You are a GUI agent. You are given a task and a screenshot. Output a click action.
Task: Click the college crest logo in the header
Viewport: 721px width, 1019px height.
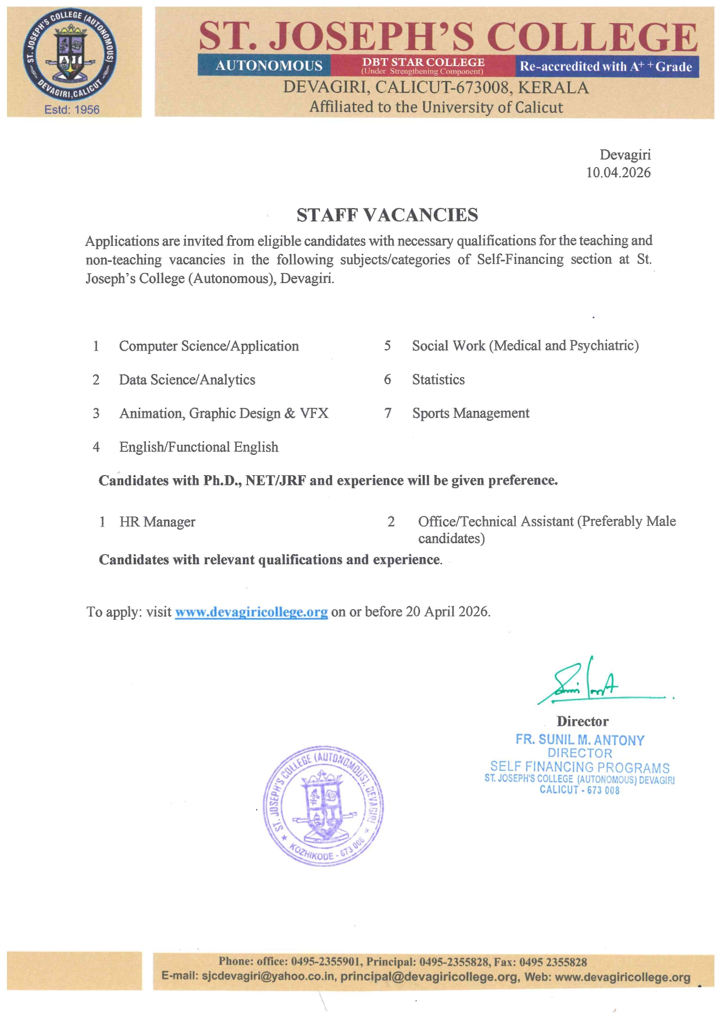coord(70,55)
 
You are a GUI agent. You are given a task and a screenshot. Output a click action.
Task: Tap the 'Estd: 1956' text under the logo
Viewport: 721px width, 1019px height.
coord(72,110)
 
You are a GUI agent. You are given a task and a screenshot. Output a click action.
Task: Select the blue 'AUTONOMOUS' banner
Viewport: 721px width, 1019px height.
coord(269,66)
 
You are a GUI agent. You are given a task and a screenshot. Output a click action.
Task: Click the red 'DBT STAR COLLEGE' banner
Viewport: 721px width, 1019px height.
coord(423,65)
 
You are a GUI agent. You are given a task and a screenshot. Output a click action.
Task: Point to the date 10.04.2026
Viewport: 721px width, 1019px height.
coord(618,173)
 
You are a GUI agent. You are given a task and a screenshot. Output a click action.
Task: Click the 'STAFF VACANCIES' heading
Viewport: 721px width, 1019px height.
coord(387,215)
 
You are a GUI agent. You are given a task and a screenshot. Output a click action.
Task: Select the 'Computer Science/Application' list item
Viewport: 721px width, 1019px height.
coord(209,346)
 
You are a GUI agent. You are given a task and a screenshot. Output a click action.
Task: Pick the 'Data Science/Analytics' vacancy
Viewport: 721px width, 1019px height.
coord(187,380)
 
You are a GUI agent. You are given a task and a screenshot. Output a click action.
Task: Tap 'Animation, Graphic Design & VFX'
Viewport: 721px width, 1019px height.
coord(224,414)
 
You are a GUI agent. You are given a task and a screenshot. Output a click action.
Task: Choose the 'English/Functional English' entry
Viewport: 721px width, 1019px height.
coord(199,447)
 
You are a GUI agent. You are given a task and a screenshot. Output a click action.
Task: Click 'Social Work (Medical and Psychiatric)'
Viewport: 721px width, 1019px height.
coord(525,346)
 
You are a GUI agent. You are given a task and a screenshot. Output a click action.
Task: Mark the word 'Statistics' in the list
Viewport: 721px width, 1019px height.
coord(438,380)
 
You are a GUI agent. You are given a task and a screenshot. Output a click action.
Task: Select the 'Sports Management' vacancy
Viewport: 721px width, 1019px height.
coord(471,414)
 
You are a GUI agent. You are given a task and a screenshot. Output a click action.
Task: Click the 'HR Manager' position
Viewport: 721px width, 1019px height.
coord(158,522)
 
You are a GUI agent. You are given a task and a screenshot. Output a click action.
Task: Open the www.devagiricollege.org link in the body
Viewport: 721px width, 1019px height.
coord(251,612)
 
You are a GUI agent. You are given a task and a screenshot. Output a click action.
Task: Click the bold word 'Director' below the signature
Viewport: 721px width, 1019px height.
coord(583,722)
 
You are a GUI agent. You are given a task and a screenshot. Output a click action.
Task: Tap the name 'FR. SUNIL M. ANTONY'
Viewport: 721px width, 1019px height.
coord(580,740)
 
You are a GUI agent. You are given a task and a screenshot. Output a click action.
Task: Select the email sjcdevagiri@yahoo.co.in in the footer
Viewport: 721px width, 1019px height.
coord(268,977)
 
